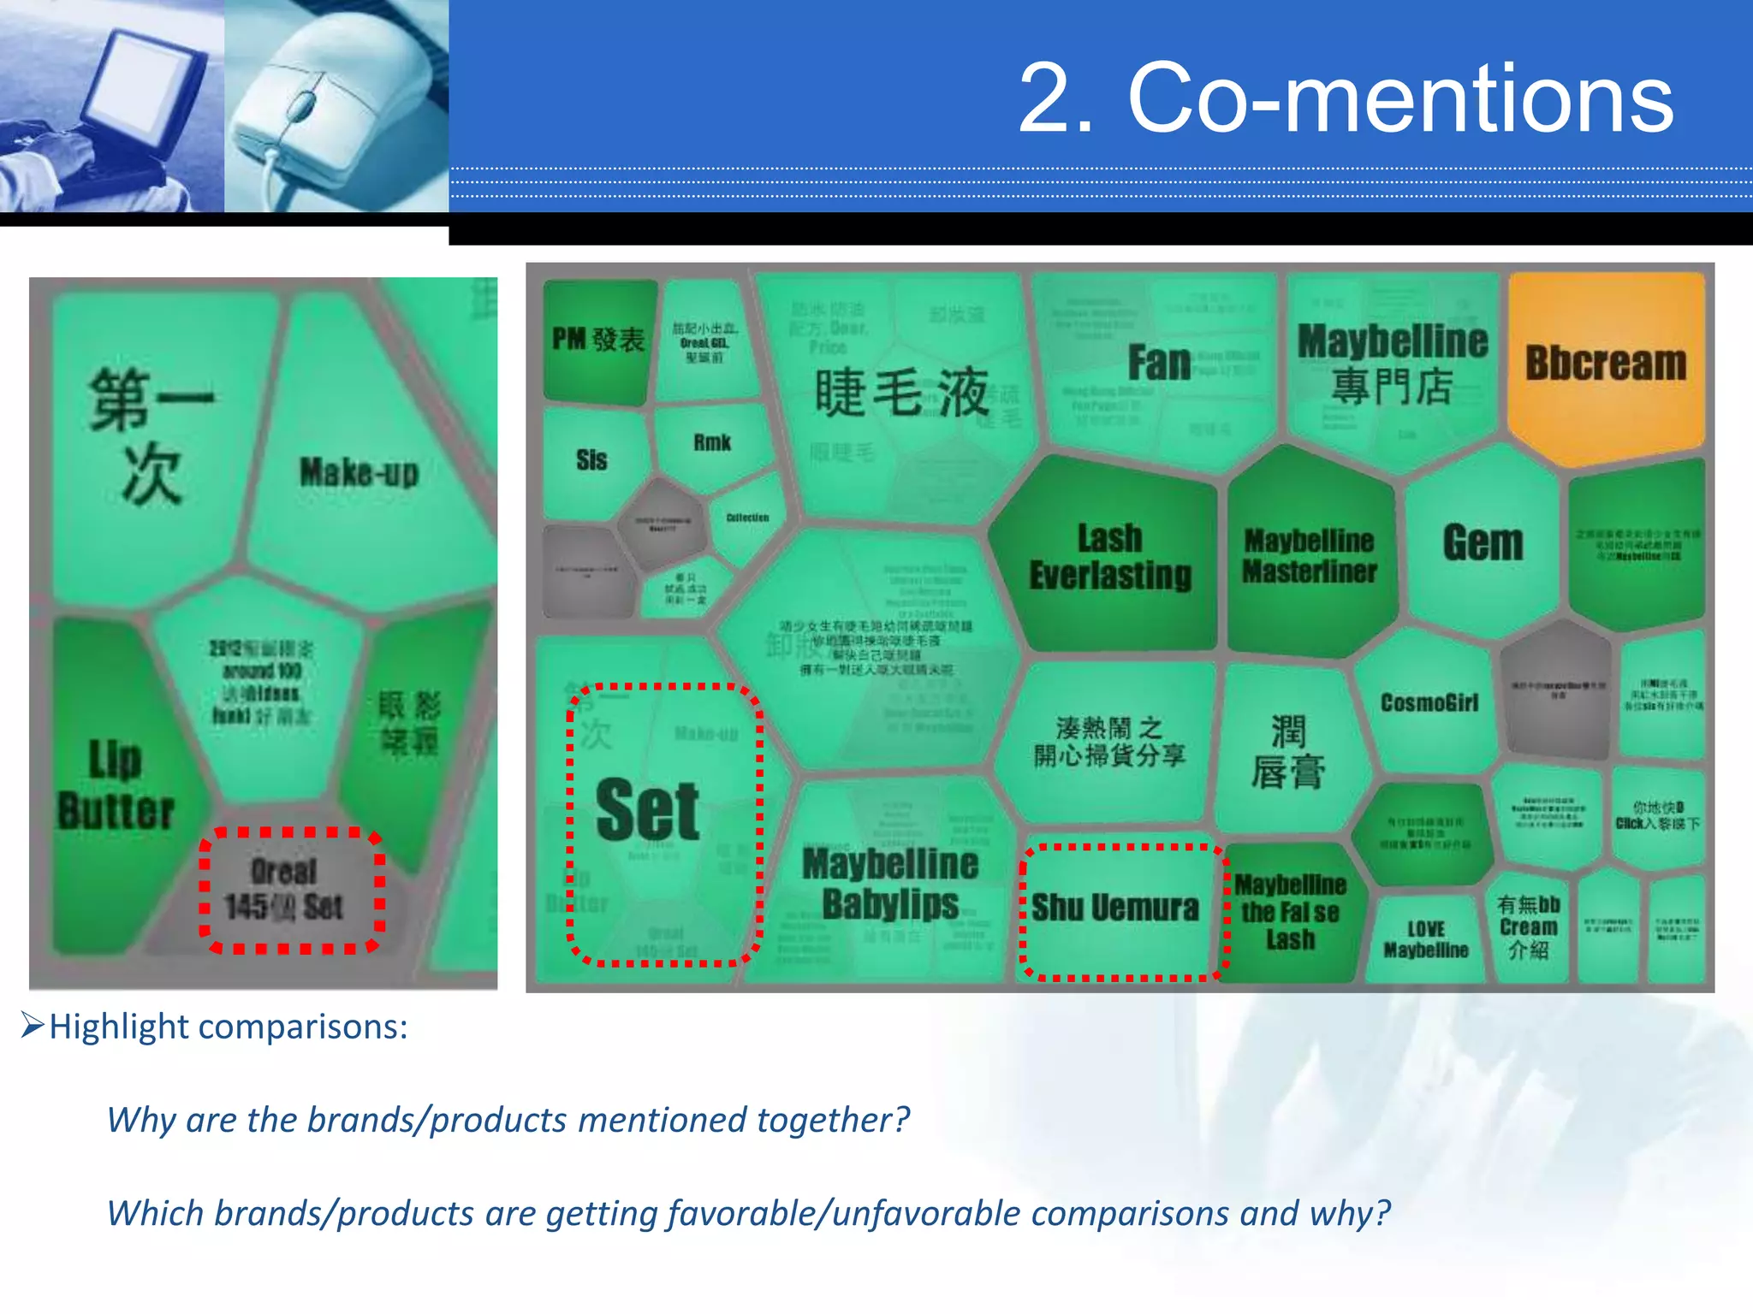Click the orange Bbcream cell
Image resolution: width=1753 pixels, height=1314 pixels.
coord(1606,364)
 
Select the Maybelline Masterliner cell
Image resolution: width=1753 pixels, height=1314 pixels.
coord(1310,556)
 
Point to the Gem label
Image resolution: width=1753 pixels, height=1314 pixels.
coord(1483,543)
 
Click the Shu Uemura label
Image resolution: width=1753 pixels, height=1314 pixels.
coord(1114,908)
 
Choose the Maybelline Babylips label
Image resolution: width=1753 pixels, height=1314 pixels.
coord(890,884)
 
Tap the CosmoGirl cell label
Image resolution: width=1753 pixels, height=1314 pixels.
coord(1429,703)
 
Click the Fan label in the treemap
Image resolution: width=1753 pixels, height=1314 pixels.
coord(1159,363)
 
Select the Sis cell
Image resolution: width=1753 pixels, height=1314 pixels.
coord(591,460)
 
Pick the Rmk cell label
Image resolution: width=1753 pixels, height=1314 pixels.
coord(712,443)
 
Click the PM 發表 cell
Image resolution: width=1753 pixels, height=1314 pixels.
coord(597,340)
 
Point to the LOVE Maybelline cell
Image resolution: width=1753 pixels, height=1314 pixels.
coord(1426,940)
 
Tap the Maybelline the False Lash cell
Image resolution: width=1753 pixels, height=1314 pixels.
coord(1291,912)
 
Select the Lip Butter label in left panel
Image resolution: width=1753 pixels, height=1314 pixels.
coord(116,785)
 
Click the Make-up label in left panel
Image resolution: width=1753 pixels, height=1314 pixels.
coord(359,472)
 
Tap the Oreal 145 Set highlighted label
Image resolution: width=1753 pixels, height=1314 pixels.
coord(285,890)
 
